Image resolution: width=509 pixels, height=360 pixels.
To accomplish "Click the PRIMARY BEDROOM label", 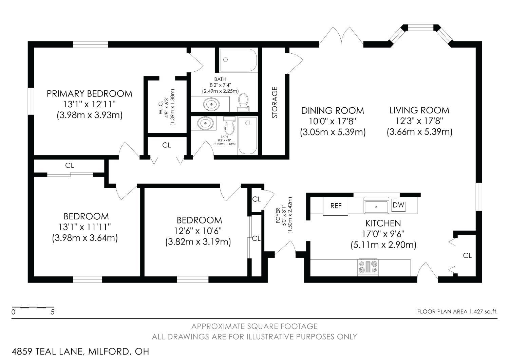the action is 90,94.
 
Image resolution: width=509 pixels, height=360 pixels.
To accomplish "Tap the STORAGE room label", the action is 275,102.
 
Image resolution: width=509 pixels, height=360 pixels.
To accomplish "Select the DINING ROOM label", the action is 333,111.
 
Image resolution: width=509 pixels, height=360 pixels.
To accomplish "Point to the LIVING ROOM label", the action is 419,110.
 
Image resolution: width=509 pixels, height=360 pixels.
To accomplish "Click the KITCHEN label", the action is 383,223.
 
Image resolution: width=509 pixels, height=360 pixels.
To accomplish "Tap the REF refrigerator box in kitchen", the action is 336,206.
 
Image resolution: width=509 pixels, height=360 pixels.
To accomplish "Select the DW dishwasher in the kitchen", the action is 398,205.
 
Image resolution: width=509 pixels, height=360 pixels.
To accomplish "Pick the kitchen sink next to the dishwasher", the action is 376,207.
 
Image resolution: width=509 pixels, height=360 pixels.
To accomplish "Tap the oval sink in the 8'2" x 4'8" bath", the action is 205,123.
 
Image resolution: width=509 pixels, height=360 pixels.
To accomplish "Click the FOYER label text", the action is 278,215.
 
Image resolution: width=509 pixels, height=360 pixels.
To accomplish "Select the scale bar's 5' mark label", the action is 53,312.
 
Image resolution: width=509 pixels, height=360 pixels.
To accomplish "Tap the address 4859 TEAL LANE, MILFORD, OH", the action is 80,352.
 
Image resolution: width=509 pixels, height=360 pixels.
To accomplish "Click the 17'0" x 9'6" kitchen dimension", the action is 383,234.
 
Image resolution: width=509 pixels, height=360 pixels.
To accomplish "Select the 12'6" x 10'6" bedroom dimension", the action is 198,231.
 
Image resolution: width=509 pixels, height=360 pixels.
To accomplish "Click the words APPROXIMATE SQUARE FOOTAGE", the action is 254,326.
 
